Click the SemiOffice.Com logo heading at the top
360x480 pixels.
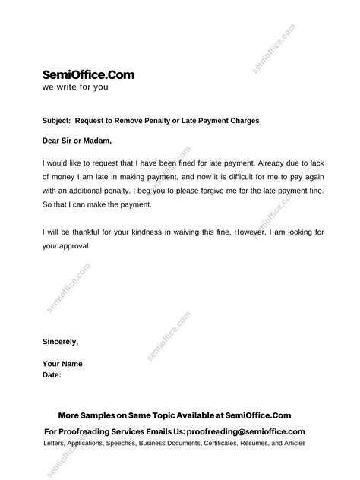[x=89, y=74]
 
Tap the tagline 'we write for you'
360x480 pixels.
[x=75, y=87]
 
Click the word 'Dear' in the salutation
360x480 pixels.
[x=53, y=140]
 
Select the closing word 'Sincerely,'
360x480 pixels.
[x=61, y=342]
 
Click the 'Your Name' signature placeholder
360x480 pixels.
[x=63, y=364]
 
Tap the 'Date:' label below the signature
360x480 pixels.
[x=52, y=375]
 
